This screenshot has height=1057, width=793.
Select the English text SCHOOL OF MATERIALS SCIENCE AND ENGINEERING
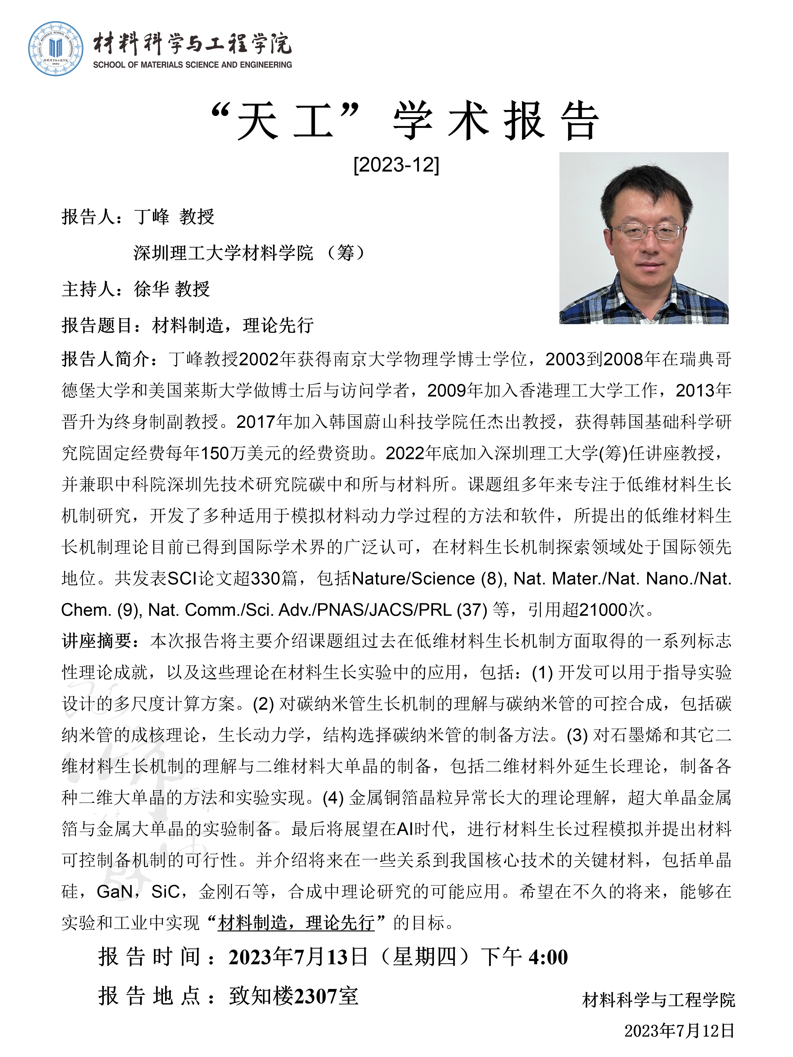tap(192, 65)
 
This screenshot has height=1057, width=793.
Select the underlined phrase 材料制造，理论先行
tap(296, 923)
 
